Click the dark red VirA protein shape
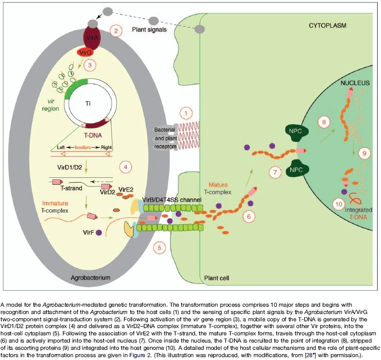coord(94,38)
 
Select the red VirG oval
coord(87,52)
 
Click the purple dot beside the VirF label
coord(99,233)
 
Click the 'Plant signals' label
coord(151,30)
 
